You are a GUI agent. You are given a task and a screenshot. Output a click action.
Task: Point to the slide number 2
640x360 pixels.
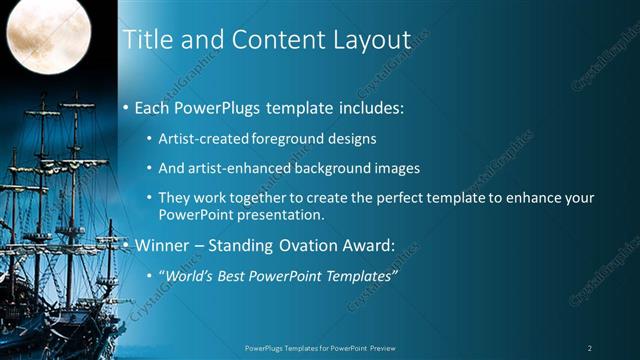click(590, 348)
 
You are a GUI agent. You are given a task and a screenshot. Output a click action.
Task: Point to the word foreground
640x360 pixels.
click(289, 139)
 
